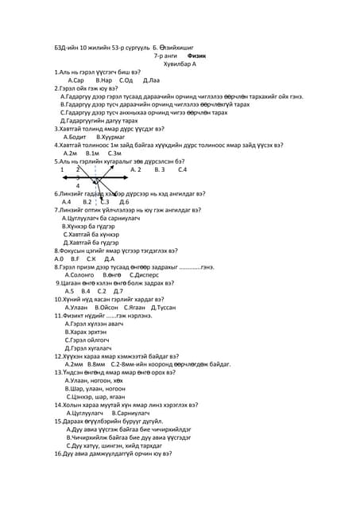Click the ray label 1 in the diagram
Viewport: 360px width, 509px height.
point(62,170)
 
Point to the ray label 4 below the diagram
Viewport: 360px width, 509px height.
point(77,186)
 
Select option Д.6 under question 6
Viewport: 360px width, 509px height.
point(124,202)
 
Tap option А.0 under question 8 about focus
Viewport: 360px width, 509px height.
point(58,258)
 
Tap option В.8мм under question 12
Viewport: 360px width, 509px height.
point(98,364)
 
